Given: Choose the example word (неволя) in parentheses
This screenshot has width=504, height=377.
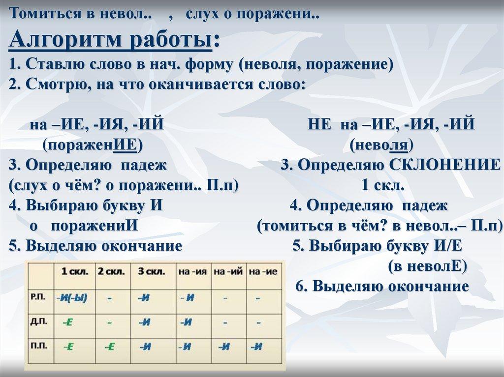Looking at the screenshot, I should tap(381, 145).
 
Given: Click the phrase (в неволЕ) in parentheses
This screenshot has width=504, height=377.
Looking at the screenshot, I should tap(427, 266).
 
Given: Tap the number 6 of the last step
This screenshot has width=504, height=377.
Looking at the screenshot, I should tap(300, 286).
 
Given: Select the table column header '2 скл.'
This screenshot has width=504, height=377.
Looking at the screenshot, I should tap(111, 271).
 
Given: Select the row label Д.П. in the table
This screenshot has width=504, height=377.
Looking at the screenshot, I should tap(38, 321).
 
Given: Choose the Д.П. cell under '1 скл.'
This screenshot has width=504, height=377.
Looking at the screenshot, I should tap(68, 322).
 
